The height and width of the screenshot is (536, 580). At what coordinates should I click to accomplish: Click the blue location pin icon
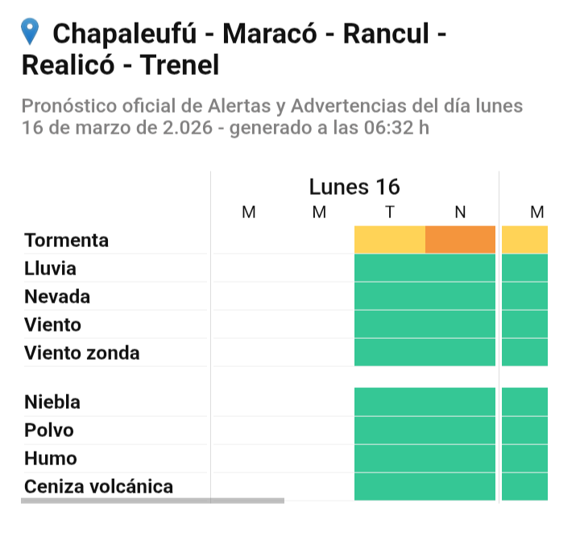coord(31,32)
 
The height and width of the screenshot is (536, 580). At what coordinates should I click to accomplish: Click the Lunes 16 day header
coord(354,187)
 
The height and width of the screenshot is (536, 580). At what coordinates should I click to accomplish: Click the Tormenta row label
coord(67,241)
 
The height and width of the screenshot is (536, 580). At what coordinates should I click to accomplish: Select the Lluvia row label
coord(51,268)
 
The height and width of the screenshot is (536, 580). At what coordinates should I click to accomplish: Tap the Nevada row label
coord(57,296)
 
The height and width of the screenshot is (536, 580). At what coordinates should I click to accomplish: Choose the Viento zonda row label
coord(82,353)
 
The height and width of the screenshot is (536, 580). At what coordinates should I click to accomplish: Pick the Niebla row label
coord(52,402)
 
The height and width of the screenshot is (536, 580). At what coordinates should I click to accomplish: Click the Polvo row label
coord(49,430)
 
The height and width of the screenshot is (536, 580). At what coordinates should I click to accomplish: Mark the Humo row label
coord(51,458)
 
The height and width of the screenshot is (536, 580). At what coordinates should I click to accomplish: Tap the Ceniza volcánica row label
coord(99,486)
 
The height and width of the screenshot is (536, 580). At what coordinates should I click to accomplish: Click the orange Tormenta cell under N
coord(460,240)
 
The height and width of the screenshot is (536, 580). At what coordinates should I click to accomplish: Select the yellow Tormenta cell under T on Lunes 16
coord(390,240)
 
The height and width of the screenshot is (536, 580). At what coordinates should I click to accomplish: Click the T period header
coord(390,212)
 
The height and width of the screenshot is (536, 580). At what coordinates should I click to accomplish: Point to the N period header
coord(460,212)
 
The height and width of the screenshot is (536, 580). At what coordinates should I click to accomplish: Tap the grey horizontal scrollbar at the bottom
coord(153,501)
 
